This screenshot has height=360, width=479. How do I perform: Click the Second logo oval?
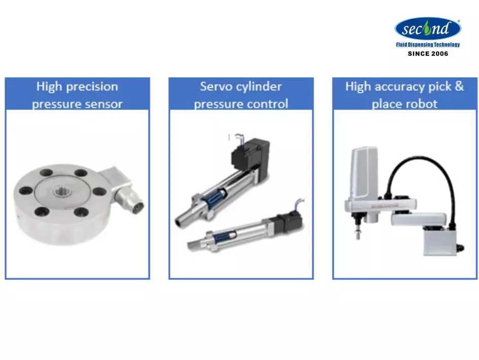[x=428, y=28]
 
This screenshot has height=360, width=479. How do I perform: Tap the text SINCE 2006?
[x=428, y=53]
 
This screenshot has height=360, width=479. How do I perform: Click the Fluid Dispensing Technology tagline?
[x=428, y=45]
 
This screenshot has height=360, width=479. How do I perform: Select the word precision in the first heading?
[x=92, y=87]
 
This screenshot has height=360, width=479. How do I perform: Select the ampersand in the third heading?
[x=459, y=86]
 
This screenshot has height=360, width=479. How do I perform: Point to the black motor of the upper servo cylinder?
[x=250, y=153]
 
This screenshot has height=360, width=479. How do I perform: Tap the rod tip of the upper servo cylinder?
[x=178, y=222]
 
